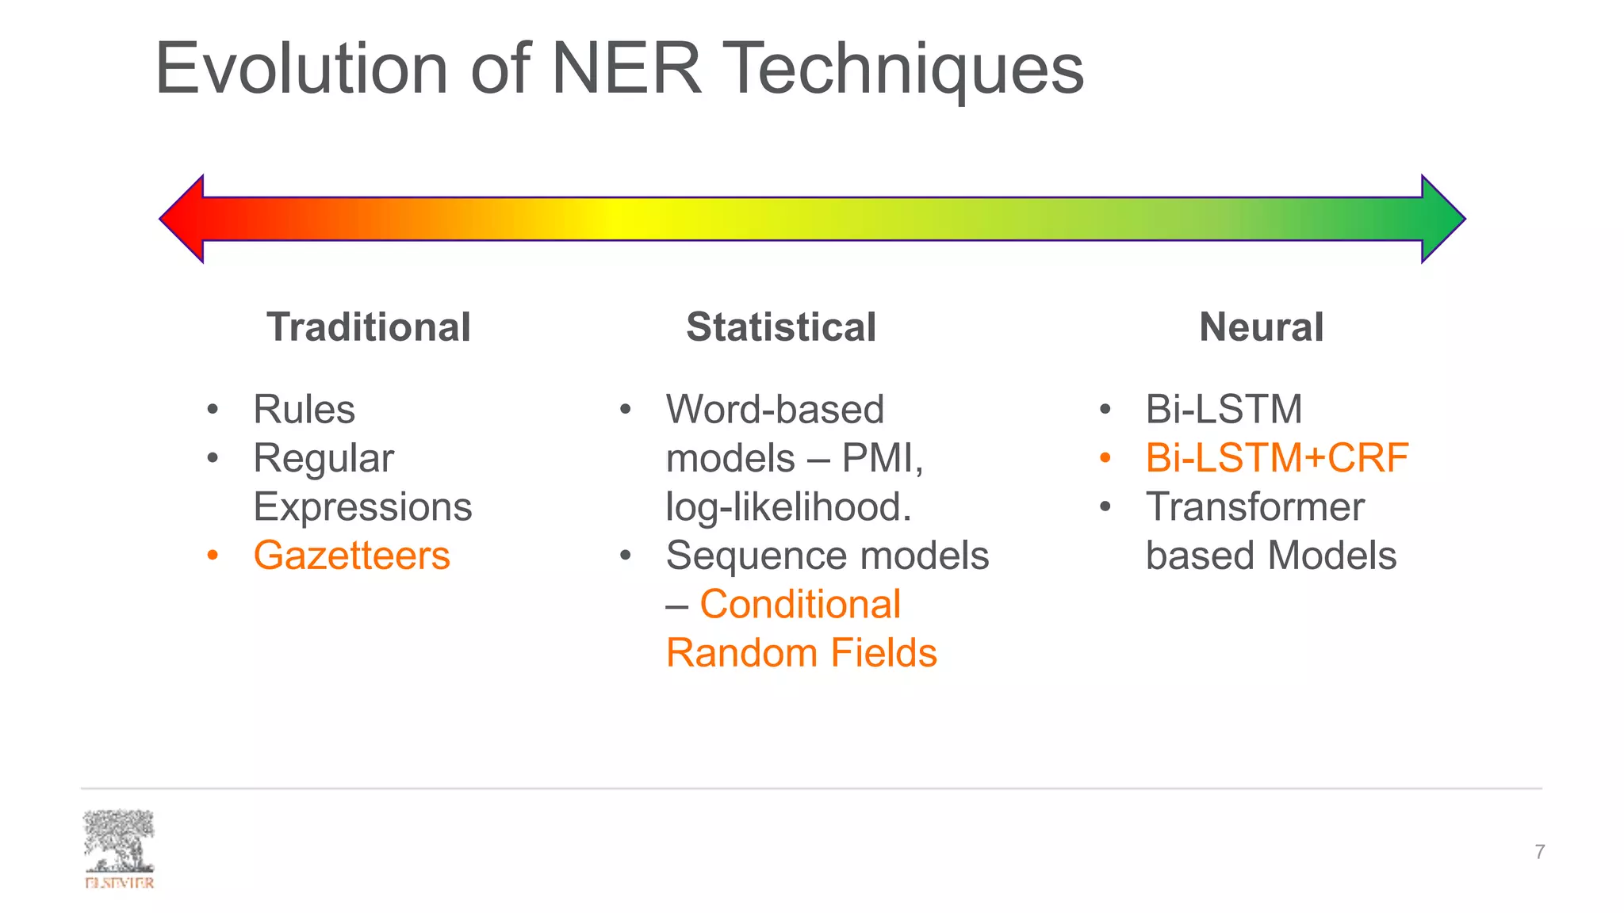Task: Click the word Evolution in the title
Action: click(x=301, y=70)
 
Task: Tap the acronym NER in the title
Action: click(x=626, y=70)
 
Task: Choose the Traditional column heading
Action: click(x=369, y=327)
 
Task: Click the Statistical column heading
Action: click(x=781, y=327)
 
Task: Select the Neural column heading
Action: click(x=1261, y=327)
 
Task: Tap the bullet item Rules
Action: click(x=304, y=410)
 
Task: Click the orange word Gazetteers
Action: click(x=351, y=556)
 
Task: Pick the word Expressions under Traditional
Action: click(x=362, y=507)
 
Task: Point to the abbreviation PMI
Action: click(x=880, y=458)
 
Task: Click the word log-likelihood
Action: click(x=788, y=507)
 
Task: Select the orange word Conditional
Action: click(x=800, y=605)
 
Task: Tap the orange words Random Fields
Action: click(x=801, y=653)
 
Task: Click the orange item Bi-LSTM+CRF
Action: click(x=1277, y=458)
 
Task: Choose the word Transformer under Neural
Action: click(x=1254, y=507)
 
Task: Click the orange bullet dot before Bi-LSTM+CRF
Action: click(x=1105, y=457)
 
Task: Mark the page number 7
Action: click(x=1539, y=852)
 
